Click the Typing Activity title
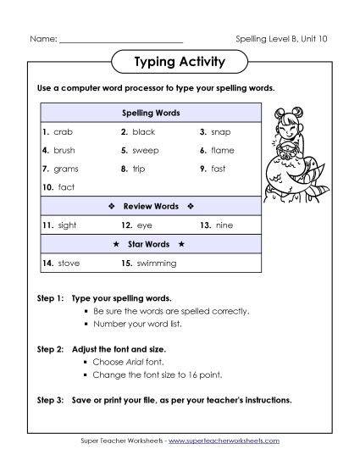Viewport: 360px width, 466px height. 180,61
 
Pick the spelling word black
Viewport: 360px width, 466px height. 144,132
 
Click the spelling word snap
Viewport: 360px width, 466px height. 219,132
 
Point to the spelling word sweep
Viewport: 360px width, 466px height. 146,150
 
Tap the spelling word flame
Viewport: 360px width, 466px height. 222,150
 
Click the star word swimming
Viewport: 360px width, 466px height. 156,264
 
